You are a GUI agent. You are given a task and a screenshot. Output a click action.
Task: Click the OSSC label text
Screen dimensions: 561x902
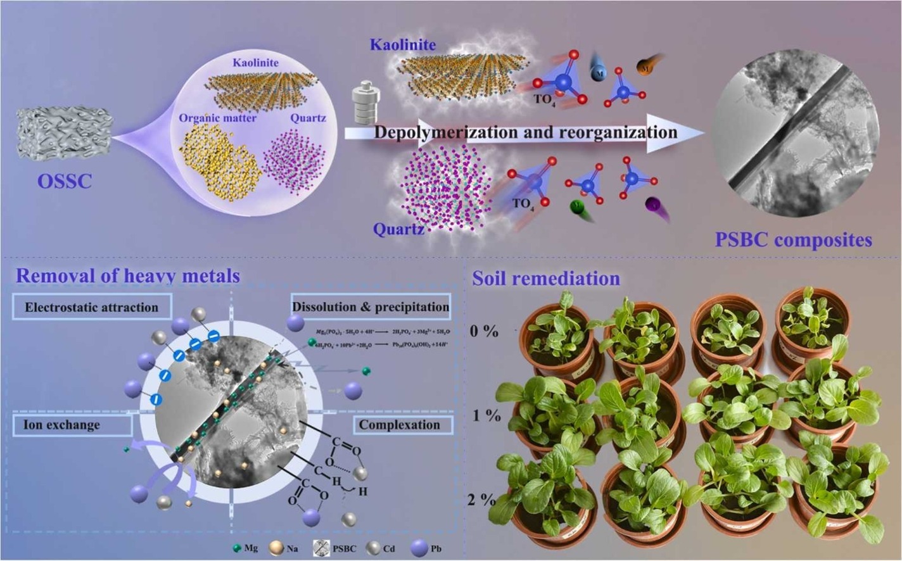(64, 181)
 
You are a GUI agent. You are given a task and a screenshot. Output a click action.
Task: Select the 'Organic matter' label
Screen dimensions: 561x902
(217, 118)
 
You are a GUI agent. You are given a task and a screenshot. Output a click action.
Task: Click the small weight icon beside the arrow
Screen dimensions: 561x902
(364, 105)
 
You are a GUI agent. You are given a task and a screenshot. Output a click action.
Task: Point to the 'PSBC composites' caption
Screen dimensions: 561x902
(794, 240)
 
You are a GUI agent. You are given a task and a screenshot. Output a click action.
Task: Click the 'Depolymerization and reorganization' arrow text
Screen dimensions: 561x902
(525, 132)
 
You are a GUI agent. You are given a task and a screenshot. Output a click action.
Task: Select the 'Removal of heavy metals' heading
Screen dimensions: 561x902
(128, 275)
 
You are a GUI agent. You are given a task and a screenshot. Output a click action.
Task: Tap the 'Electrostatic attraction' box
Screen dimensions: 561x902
(92, 308)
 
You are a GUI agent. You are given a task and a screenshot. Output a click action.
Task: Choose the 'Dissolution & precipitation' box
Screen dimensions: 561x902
(371, 307)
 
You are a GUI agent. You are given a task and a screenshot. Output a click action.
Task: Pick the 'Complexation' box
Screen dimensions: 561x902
(399, 425)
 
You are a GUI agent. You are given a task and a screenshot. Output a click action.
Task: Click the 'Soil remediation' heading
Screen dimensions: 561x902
(546, 278)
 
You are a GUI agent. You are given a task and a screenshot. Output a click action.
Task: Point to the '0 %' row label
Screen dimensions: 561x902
(485, 331)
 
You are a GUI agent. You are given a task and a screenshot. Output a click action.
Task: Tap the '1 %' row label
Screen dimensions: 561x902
(486, 417)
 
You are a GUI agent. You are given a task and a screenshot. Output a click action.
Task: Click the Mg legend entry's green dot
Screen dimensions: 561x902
(237, 548)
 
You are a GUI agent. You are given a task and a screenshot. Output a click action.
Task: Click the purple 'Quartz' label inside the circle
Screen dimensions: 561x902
(308, 118)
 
